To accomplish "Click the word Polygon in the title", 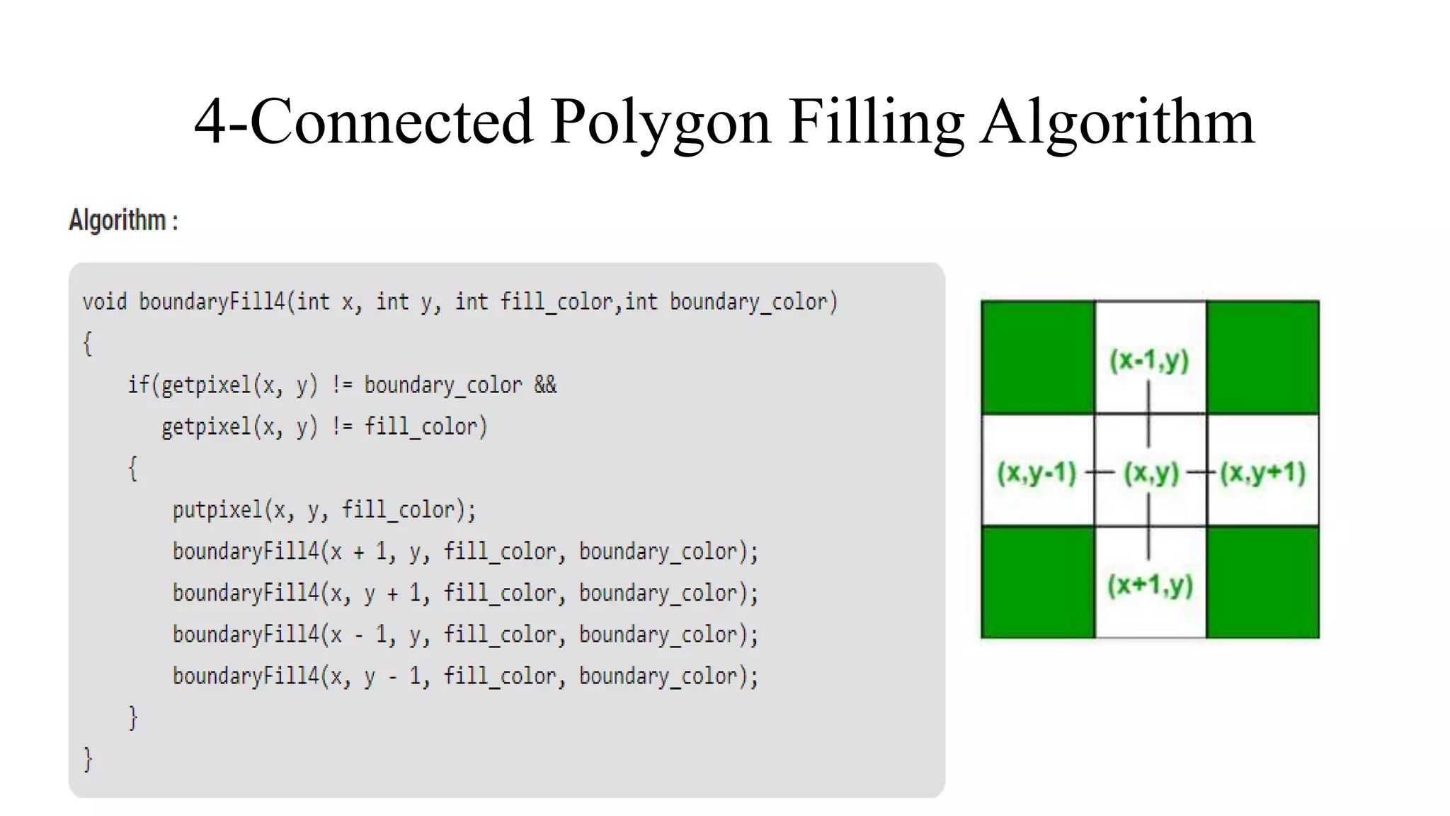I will (660, 122).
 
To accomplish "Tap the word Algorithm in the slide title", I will (1117, 122).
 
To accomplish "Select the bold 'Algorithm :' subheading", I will (123, 220).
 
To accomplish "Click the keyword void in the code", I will (104, 302).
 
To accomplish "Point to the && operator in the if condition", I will (545, 385).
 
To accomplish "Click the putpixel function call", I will (217, 510).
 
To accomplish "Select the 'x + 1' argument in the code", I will (359, 551).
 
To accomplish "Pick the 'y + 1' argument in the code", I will (393, 593).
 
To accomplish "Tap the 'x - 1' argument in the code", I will (359, 634).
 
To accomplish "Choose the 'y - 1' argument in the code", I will (393, 676).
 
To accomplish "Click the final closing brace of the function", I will (88, 759).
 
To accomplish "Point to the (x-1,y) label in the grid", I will (1149, 360).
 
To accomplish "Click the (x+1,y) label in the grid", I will (1150, 585).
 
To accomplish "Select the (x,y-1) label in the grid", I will (1037, 472).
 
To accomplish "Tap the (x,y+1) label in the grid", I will (1262, 472).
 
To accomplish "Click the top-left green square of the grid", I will (1038, 357).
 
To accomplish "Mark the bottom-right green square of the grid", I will (1262, 582).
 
